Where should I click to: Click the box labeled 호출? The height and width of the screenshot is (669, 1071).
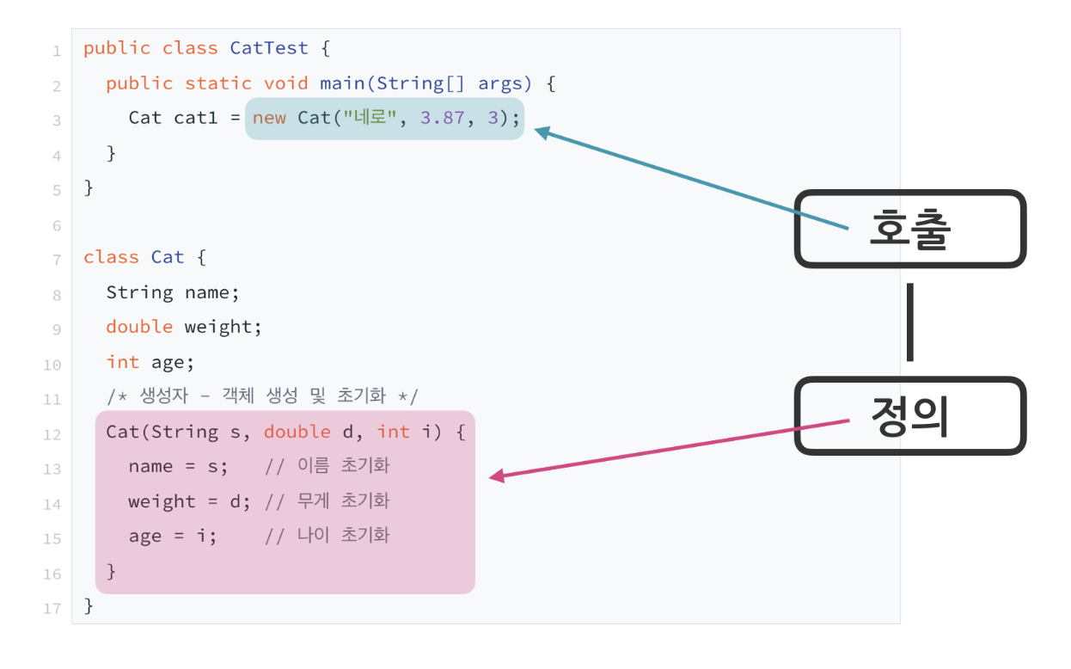coord(909,229)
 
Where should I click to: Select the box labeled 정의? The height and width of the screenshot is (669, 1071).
coord(909,416)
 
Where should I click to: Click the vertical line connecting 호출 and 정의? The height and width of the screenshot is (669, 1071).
coord(909,322)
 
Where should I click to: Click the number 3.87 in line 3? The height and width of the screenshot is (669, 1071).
coord(442,118)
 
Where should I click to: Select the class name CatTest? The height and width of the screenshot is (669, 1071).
coord(268,48)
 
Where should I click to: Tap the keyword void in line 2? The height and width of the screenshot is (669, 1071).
coord(286,83)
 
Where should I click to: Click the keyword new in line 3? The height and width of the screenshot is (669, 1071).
coord(269,118)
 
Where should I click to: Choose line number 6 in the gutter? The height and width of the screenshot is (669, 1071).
coord(57,225)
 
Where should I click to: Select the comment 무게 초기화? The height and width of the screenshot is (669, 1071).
coord(327,500)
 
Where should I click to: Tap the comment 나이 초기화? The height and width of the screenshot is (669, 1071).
coord(327,535)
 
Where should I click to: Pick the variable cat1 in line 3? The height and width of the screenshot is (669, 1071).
coord(196,118)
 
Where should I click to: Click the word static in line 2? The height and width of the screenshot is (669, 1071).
coord(218,83)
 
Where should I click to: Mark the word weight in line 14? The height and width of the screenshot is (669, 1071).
coord(162,500)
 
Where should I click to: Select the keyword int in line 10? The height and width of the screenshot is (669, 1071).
coord(123,362)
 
